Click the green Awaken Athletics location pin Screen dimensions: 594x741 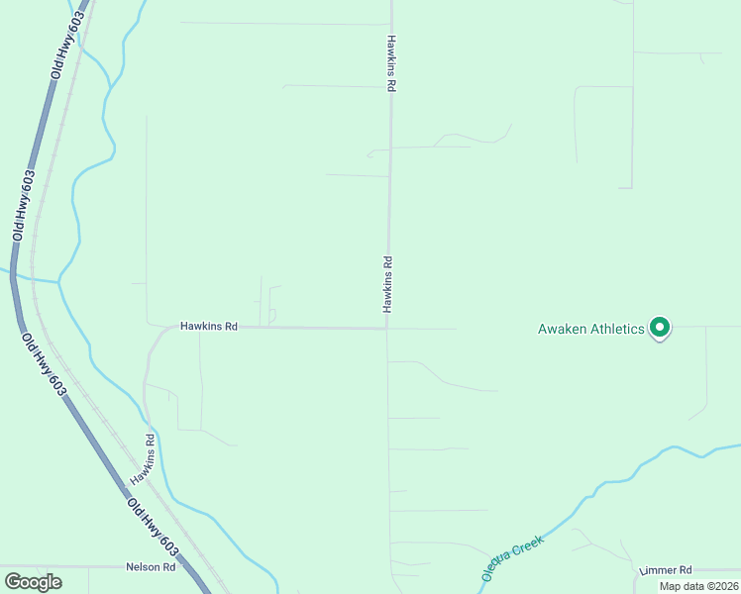pos(660,328)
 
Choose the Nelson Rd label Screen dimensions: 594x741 pos(151,567)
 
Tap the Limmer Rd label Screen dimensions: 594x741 pos(667,571)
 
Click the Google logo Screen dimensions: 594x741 pos(33,582)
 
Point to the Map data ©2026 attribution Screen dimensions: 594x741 pos(697,586)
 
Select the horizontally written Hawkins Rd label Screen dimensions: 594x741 pos(208,326)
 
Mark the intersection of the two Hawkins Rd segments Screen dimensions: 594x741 pos(387,329)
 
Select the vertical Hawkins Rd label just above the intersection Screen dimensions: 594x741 pos(388,285)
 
